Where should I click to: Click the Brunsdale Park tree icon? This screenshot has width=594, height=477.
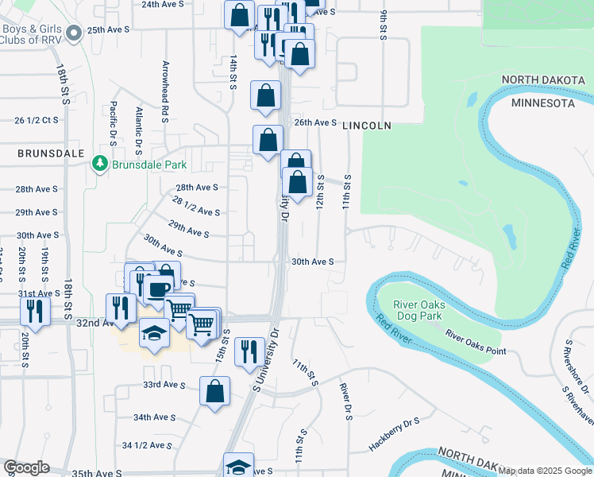[x=99, y=165]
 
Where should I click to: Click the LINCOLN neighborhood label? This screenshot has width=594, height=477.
[x=367, y=126]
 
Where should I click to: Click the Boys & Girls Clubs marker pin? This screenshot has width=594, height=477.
[x=74, y=33]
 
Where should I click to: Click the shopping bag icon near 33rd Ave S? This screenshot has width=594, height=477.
[x=215, y=391]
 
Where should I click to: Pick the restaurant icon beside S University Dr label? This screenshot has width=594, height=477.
[x=250, y=349]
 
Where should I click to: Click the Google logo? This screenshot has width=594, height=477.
[x=26, y=467]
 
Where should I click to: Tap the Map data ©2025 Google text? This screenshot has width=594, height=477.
[x=545, y=471]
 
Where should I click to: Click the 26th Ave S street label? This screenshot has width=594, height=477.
[x=315, y=122]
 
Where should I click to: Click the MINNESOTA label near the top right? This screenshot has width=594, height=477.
[x=542, y=103]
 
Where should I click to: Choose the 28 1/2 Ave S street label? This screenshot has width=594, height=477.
[x=195, y=211]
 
